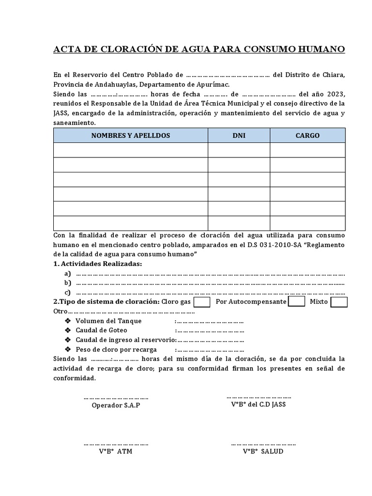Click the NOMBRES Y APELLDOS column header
131,136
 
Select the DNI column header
239,136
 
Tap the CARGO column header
308,136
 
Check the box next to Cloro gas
201,302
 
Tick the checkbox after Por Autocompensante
296,301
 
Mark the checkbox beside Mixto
339,302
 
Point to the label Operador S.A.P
116,405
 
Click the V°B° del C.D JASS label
258,404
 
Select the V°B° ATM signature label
116,451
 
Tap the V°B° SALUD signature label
263,451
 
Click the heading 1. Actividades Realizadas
98,263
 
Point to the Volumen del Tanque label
108,321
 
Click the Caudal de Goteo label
101,330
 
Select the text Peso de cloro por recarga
116,349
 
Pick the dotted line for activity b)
211,283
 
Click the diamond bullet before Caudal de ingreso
67,340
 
